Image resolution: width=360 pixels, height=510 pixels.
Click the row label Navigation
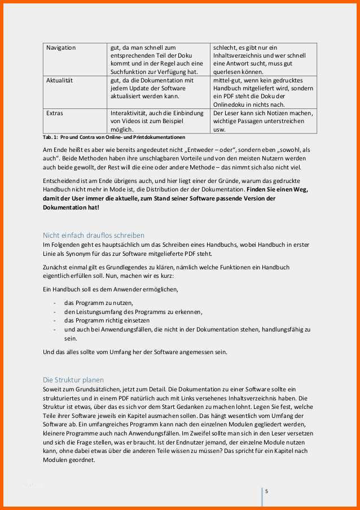click(61, 48)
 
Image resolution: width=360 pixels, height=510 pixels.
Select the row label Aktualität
click(59, 81)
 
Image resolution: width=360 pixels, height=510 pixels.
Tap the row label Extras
click(55, 114)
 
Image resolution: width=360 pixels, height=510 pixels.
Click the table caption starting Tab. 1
click(114, 137)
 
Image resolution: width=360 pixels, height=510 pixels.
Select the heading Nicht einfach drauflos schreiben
click(94, 235)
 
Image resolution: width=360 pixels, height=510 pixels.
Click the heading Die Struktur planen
click(73, 380)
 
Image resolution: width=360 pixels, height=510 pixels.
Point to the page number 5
click(266, 491)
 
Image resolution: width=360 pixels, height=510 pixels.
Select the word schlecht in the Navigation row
click(225, 48)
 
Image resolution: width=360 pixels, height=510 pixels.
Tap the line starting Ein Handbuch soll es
click(111, 289)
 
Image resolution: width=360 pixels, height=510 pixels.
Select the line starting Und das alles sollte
click(135, 352)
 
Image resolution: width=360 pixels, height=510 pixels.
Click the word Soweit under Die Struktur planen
click(53, 389)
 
